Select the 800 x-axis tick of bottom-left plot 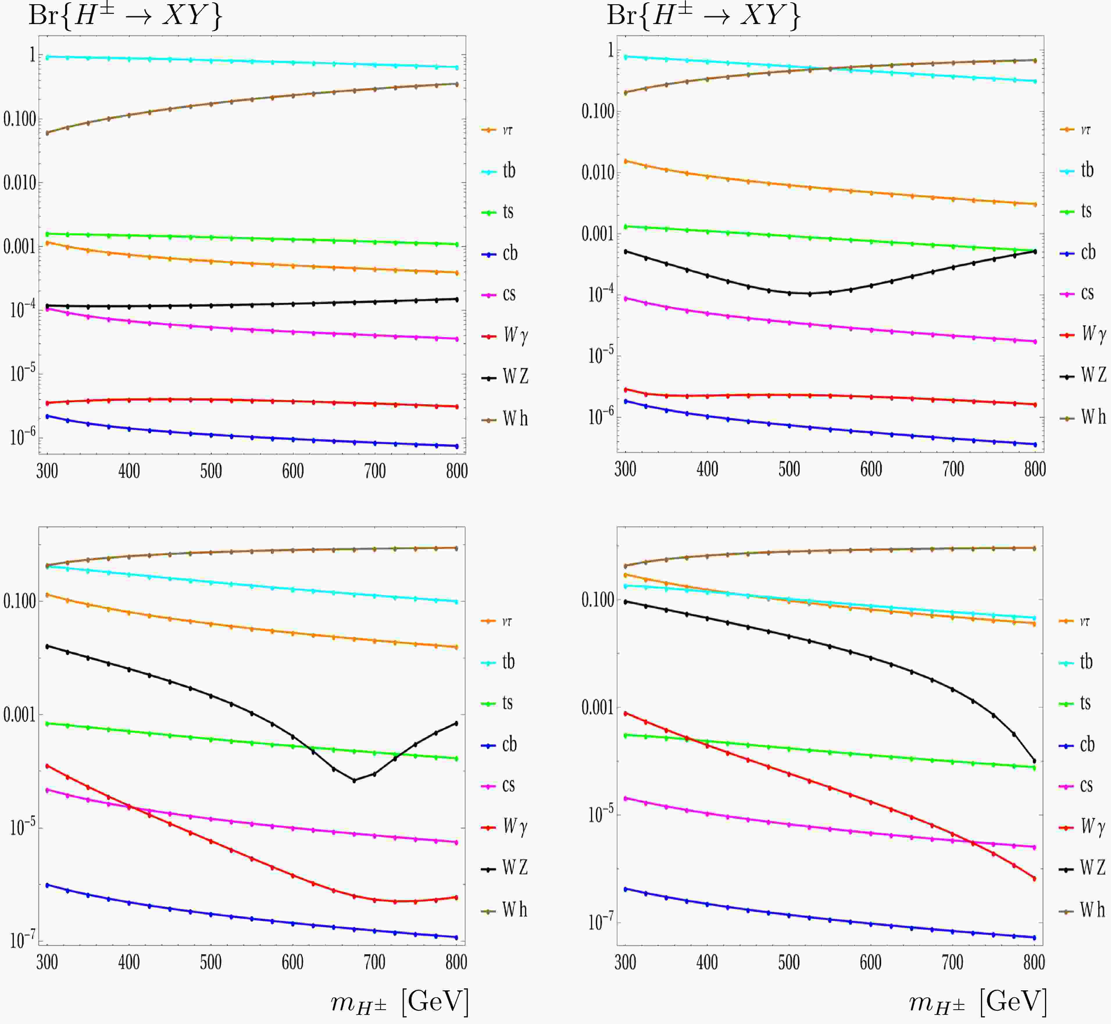pyautogui.click(x=456, y=962)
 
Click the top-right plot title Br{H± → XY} pyautogui.click(x=704, y=15)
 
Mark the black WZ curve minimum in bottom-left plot pyautogui.click(x=354, y=780)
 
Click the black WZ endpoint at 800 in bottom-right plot pyautogui.click(x=1034, y=761)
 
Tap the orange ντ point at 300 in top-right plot pyautogui.click(x=626, y=161)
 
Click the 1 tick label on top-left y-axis pyautogui.click(x=32, y=54)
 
